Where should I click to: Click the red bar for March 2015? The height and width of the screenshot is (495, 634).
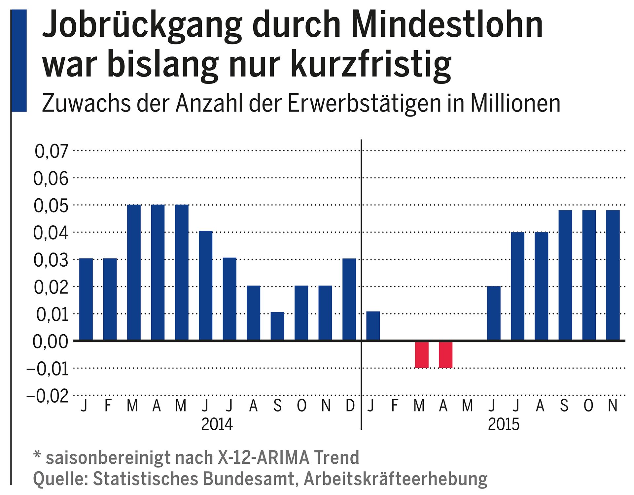pyautogui.click(x=422, y=354)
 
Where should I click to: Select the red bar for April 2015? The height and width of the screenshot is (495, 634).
pyautogui.click(x=445, y=354)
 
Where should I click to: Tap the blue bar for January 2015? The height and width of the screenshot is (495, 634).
pyautogui.click(x=373, y=326)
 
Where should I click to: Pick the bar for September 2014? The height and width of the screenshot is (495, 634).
pyautogui.click(x=277, y=326)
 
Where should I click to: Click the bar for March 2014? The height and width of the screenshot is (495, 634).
pyautogui.click(x=134, y=272)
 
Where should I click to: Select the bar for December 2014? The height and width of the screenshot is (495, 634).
pyautogui.click(x=349, y=299)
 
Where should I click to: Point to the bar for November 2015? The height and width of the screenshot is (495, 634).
pyautogui.click(x=613, y=275)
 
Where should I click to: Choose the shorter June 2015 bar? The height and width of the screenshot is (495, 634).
pyautogui.click(x=494, y=313)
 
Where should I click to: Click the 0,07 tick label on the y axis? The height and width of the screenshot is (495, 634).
pyautogui.click(x=51, y=151)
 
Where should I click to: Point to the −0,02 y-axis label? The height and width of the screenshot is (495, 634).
pyautogui.click(x=47, y=396)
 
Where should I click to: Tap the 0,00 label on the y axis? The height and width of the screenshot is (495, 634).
pyautogui.click(x=50, y=342)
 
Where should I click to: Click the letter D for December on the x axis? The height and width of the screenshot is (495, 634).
pyautogui.click(x=350, y=406)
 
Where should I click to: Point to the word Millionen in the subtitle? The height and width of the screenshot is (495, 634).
pyautogui.click(x=515, y=104)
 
